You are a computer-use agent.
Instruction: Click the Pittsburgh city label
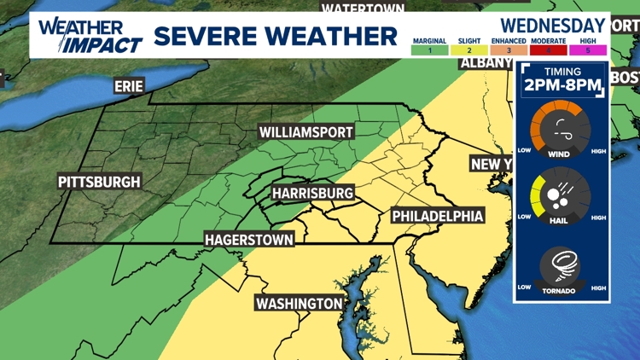click(x=99, y=182)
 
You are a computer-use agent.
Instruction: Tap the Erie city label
click(x=129, y=86)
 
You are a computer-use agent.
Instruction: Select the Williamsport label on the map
click(x=306, y=131)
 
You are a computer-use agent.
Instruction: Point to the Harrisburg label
click(x=312, y=194)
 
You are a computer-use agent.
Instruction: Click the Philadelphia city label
click(x=438, y=216)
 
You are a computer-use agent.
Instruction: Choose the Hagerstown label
click(x=249, y=240)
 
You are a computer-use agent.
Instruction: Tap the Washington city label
click(x=300, y=304)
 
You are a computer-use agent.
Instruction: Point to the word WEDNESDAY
click(x=553, y=25)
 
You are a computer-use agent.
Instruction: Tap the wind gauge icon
click(x=561, y=131)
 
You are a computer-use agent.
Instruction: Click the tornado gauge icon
click(x=561, y=266)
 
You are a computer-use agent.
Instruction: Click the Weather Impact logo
click(x=87, y=35)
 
